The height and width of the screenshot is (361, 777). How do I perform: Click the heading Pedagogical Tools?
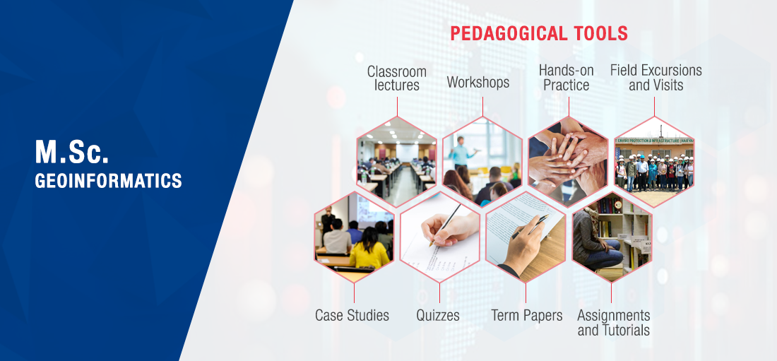pos(539,33)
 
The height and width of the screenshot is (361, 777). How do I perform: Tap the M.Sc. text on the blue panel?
pos(71,152)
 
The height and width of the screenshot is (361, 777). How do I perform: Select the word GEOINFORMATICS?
pos(108,180)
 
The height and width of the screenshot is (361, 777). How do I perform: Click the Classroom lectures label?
pos(396,78)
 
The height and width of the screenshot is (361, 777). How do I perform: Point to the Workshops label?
pos(478,82)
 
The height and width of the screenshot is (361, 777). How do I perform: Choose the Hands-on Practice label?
pos(567,78)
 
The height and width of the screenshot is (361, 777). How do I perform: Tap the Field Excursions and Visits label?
pos(656,78)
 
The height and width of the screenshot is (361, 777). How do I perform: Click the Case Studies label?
pos(352,315)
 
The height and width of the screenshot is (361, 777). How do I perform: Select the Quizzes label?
pos(438,315)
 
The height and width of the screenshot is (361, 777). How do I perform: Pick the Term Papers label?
pos(527,315)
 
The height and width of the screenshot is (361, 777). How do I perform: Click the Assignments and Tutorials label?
pos(613,322)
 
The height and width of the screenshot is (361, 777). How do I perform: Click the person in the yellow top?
pos(369,249)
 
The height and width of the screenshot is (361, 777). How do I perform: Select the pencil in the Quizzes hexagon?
pos(445,225)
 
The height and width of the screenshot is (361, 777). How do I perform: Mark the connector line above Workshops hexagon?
pos(482,107)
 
